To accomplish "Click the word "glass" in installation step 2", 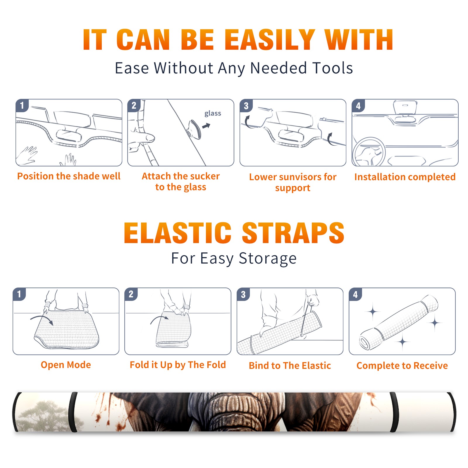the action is pos(213,113).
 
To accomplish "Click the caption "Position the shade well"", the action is pos(69,176).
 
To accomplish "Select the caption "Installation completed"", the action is pos(405,177).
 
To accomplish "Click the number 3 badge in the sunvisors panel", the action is pos(246,106).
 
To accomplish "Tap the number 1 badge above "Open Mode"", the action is pos(19,294).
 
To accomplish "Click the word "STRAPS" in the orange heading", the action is pos(293,233).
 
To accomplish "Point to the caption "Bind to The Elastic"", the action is pos(290,365).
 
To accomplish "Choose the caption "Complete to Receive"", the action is pos(402,365).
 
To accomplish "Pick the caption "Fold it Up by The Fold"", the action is pos(178,365).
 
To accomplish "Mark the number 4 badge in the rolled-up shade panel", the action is pos(355,294).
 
